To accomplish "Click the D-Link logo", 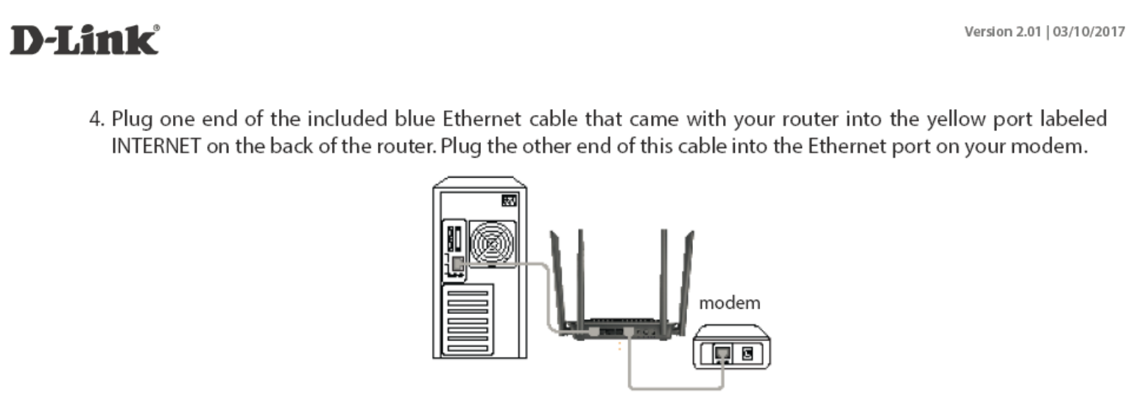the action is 84,41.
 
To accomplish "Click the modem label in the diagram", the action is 729,303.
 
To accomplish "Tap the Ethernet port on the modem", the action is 723,354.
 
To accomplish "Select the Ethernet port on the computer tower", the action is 458,263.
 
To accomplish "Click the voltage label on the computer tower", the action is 508,200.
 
